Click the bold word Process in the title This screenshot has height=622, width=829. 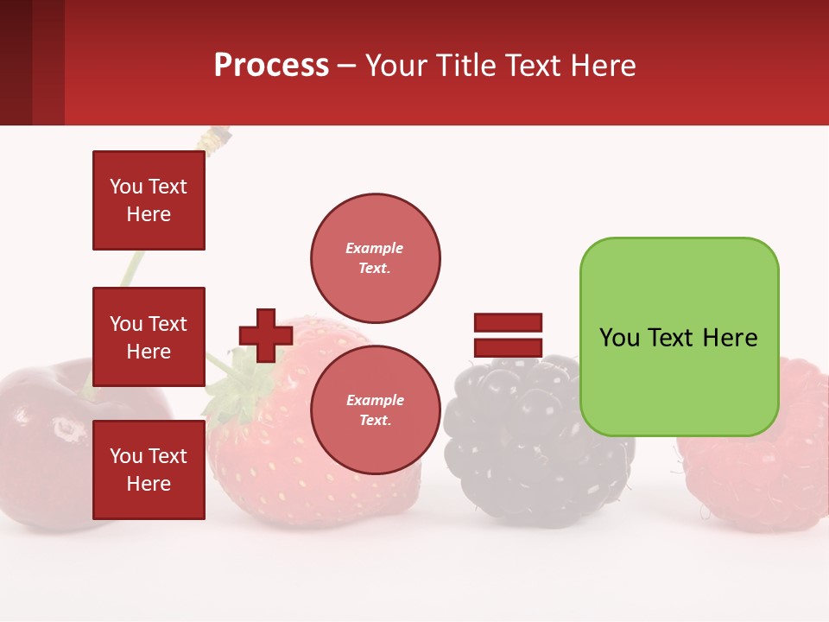pos(271,66)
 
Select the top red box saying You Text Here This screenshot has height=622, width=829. pos(149,200)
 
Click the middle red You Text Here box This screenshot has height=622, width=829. pos(149,337)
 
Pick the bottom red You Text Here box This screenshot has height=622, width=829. pos(149,470)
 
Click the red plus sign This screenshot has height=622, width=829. pos(266,335)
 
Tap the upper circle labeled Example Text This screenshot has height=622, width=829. pos(375,257)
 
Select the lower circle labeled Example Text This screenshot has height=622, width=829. pos(375,409)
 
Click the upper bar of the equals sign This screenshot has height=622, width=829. pos(508,322)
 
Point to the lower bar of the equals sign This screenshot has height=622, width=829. pos(508,347)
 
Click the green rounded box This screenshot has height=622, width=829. pos(679,380)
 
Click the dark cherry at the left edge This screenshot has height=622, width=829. pos(43,432)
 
